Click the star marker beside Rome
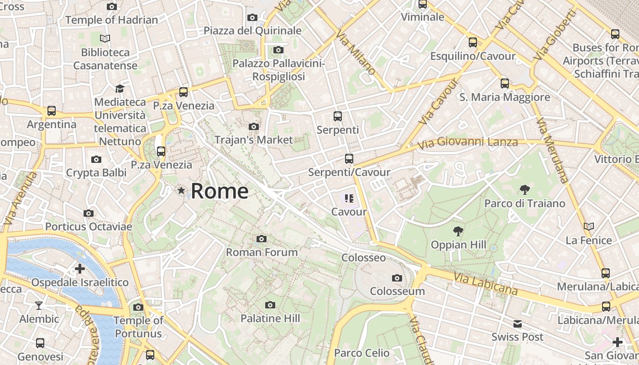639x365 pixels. (182, 191)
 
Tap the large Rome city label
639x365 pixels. (220, 191)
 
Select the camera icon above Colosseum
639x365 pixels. (397, 278)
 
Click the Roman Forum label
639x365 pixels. (262, 252)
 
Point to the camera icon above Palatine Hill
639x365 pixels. (270, 305)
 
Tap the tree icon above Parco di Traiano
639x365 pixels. (524, 189)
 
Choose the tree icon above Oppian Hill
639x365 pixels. (458, 231)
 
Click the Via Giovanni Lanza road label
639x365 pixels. (468, 143)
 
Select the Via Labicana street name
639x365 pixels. (486, 283)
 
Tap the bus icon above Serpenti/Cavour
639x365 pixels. (349, 159)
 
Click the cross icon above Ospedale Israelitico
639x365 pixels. (80, 269)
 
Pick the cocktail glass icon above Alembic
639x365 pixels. (39, 305)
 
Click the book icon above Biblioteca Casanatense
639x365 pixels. (105, 39)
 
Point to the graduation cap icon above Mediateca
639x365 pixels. (120, 89)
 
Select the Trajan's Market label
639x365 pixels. (253, 140)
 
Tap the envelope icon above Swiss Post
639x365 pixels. (517, 324)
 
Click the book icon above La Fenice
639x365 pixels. (589, 226)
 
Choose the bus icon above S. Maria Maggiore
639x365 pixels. (504, 83)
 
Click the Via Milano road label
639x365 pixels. (356, 52)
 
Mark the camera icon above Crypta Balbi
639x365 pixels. (96, 159)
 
